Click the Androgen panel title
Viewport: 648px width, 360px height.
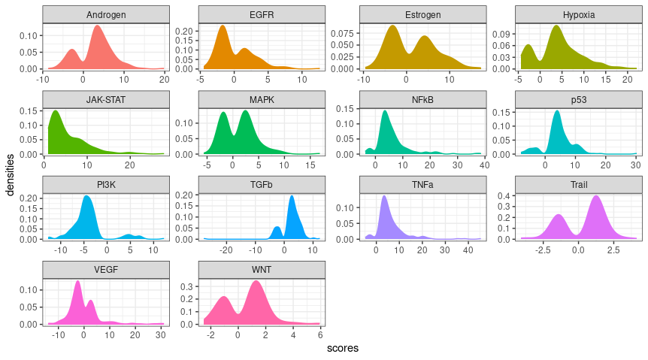(x=106, y=15)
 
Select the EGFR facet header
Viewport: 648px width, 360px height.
(x=262, y=15)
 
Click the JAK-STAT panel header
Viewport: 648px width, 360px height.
(x=106, y=100)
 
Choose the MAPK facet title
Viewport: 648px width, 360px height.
(x=262, y=100)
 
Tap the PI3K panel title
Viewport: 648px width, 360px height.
(x=106, y=185)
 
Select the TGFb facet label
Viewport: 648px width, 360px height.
(x=262, y=185)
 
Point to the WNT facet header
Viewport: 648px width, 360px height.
(x=262, y=270)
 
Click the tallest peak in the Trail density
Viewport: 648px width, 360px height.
(x=597, y=196)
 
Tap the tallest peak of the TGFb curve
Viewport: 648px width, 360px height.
(x=292, y=196)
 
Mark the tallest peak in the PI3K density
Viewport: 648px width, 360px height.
(x=86, y=196)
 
